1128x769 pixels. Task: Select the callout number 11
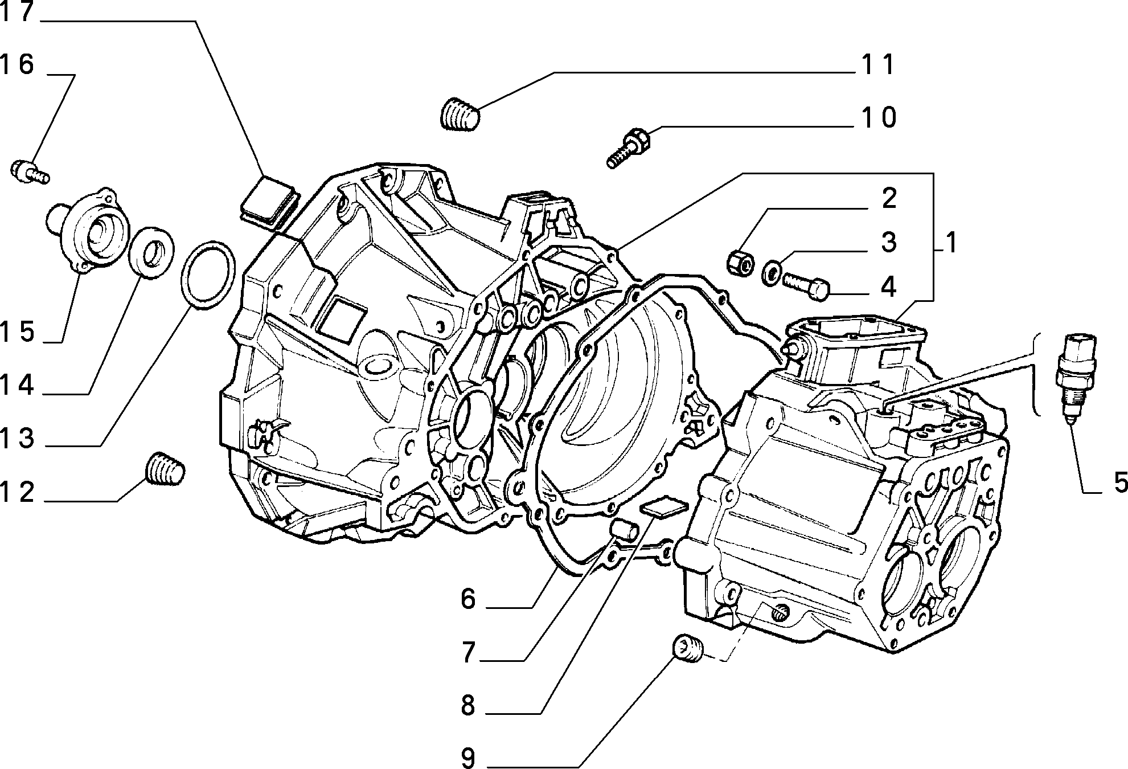877,65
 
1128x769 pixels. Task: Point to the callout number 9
467,758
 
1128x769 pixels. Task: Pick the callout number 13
18,439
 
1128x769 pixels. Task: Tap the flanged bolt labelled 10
627,148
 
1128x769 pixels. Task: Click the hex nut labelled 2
741,261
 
